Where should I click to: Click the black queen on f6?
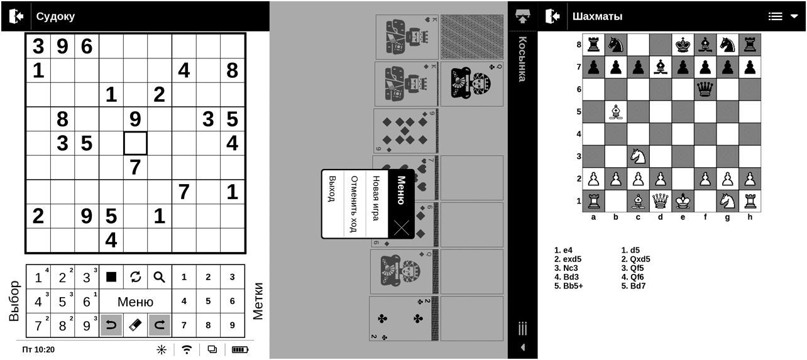tap(705, 89)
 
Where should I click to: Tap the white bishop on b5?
tap(616, 112)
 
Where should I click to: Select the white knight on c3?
tap(638, 156)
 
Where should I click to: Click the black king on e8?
tap(683, 45)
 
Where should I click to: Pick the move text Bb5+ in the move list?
tap(569, 286)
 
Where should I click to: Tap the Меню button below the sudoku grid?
tap(135, 302)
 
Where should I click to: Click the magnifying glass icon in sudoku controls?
tap(159, 277)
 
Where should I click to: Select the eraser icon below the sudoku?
tap(135, 325)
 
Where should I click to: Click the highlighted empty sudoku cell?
tap(135, 143)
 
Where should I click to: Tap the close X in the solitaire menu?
tap(402, 227)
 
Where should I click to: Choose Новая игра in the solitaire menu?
tap(376, 198)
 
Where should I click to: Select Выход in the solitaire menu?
tap(332, 188)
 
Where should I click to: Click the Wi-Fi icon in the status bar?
tap(187, 349)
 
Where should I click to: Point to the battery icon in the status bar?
tap(240, 349)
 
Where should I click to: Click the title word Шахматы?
tap(597, 16)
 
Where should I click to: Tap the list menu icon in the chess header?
tap(775, 16)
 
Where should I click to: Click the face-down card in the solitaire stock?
tap(472, 36)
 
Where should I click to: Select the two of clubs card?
tap(400, 319)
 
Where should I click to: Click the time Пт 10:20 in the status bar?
tap(38, 349)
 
